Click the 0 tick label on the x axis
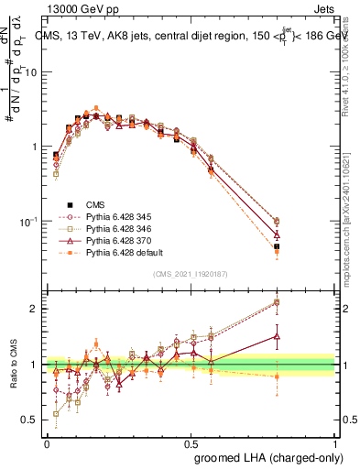pos(46,442)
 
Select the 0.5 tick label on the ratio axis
pos(30,421)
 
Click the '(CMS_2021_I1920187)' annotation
pos(190,274)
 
